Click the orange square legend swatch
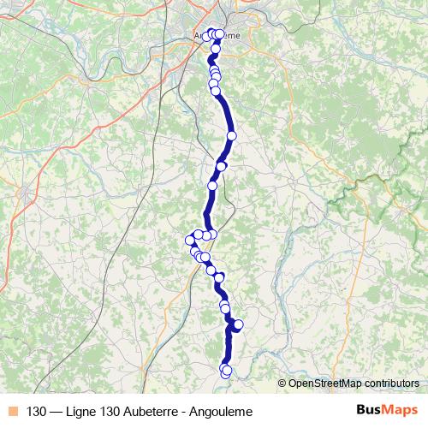(x=13, y=410)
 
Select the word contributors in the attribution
(x=393, y=383)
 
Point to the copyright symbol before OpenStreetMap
(x=282, y=383)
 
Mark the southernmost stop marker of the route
(x=225, y=372)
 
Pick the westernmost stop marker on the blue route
(x=190, y=241)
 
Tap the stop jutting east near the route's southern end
(x=239, y=324)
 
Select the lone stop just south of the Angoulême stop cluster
(x=216, y=49)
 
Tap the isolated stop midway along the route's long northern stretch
(x=231, y=135)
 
